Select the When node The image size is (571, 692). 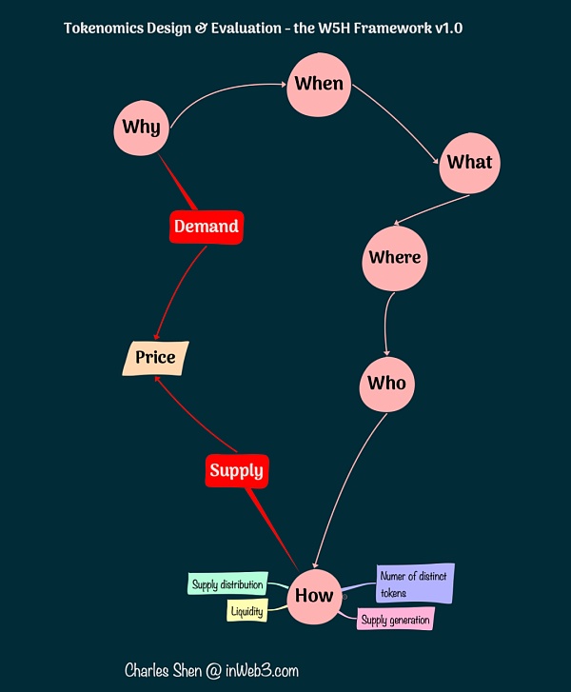click(x=318, y=84)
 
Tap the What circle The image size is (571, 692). click(x=469, y=162)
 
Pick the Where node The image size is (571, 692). click(x=394, y=258)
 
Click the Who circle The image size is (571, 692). click(x=386, y=384)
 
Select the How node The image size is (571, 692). click(x=314, y=596)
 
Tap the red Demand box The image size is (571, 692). click(x=206, y=227)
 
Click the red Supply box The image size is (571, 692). click(x=236, y=470)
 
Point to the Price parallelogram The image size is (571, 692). click(x=156, y=358)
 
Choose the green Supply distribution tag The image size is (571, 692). click(x=227, y=584)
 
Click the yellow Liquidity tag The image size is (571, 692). click(x=246, y=610)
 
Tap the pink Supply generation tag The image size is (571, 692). click(x=395, y=621)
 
